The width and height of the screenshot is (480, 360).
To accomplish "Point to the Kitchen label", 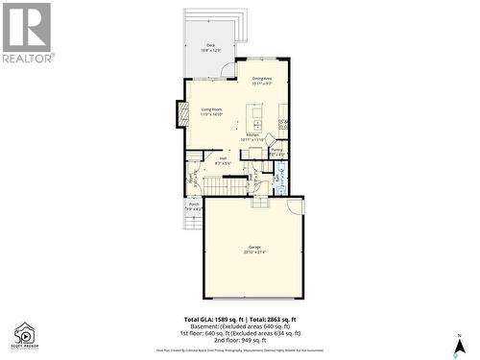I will click(254, 137).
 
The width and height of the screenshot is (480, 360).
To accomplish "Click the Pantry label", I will click(276, 152).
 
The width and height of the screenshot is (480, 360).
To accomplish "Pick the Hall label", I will click(223, 160).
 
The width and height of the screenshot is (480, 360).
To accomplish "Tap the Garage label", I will click(254, 250).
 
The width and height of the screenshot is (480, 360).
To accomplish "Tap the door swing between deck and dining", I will click(227, 69).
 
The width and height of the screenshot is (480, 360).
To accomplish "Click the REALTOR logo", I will click(26, 33).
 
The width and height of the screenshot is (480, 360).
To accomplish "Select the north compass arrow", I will click(460, 341).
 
